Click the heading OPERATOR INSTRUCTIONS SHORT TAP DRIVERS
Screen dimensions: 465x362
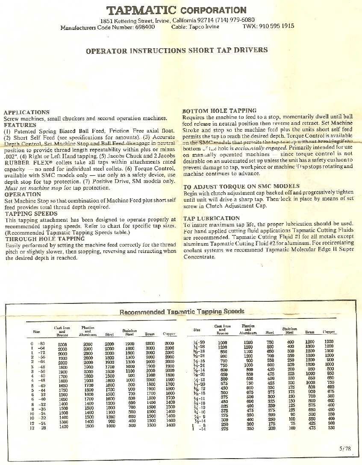tap(177, 50)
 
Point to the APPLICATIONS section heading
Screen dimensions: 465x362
tap(26, 112)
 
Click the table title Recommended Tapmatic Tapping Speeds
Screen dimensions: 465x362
tap(182, 312)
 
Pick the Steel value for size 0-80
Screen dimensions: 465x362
tap(109, 344)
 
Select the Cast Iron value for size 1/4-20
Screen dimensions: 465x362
tap(222, 342)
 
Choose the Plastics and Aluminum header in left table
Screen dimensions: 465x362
tap(88, 331)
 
